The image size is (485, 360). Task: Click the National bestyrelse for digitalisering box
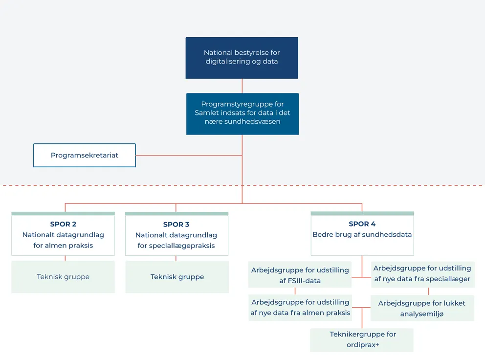coord(242,57)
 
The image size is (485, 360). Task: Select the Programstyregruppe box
coord(242,113)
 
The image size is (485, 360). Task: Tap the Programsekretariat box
coord(84,155)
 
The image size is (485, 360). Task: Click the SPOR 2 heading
coord(63,224)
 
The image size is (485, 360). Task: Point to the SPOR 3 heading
coord(176,225)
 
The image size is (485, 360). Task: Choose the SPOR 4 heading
coord(362,224)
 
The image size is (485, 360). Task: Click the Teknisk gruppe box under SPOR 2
coord(63,277)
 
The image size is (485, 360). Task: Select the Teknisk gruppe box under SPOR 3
coord(177,277)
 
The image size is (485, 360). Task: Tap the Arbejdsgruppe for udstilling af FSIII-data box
coord(300,275)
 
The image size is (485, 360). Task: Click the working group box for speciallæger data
coord(422,274)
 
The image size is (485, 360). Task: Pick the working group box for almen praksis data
coord(300,308)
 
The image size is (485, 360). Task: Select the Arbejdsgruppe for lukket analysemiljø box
coord(422,308)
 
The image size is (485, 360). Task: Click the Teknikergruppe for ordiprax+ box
coord(362,340)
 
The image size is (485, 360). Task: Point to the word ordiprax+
coord(363,345)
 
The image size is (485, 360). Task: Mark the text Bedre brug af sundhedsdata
coord(362,235)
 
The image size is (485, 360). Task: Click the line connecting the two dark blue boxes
coord(242,86)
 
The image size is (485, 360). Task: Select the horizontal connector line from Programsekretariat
coord(188,156)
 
